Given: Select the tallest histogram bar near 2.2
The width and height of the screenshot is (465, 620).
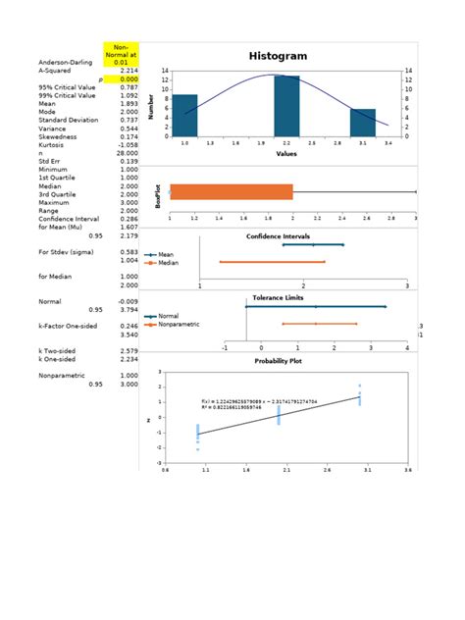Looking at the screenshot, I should pos(286,106).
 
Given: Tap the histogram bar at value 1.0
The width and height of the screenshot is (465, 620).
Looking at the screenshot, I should pos(185,116).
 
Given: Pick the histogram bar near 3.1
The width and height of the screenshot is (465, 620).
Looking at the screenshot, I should pos(363,123).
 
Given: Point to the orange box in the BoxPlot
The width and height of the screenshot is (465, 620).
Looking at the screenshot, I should pos(232,192).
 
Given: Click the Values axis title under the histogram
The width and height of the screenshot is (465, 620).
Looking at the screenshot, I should pos(286,154).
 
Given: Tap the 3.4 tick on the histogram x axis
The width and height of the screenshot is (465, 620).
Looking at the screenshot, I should pos(388,143).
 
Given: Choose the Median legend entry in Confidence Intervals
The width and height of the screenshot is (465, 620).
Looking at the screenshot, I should pos(166,262).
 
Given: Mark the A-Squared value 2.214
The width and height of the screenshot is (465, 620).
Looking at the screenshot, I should pos(127,71).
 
